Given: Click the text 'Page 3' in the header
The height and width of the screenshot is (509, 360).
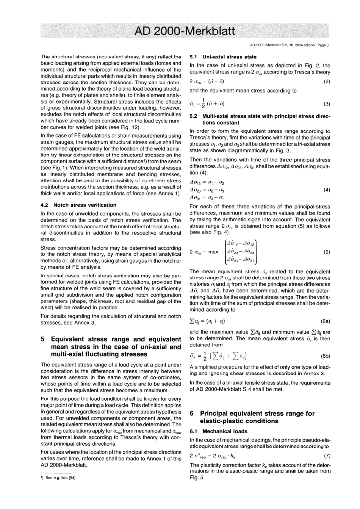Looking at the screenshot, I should click(x=322, y=45).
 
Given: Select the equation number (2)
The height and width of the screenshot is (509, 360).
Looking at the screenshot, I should click(x=327, y=81).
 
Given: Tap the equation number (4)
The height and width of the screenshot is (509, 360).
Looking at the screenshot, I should click(x=327, y=190).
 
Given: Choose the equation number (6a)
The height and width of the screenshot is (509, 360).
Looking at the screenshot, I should click(x=326, y=321).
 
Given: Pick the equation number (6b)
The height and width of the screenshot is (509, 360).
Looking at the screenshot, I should click(x=326, y=356).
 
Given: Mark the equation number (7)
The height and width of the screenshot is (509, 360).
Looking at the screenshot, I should click(x=327, y=456).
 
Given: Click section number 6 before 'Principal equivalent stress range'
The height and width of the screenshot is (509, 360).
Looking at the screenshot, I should click(x=192, y=413).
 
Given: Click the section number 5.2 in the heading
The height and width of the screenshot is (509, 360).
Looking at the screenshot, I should click(x=194, y=116).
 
